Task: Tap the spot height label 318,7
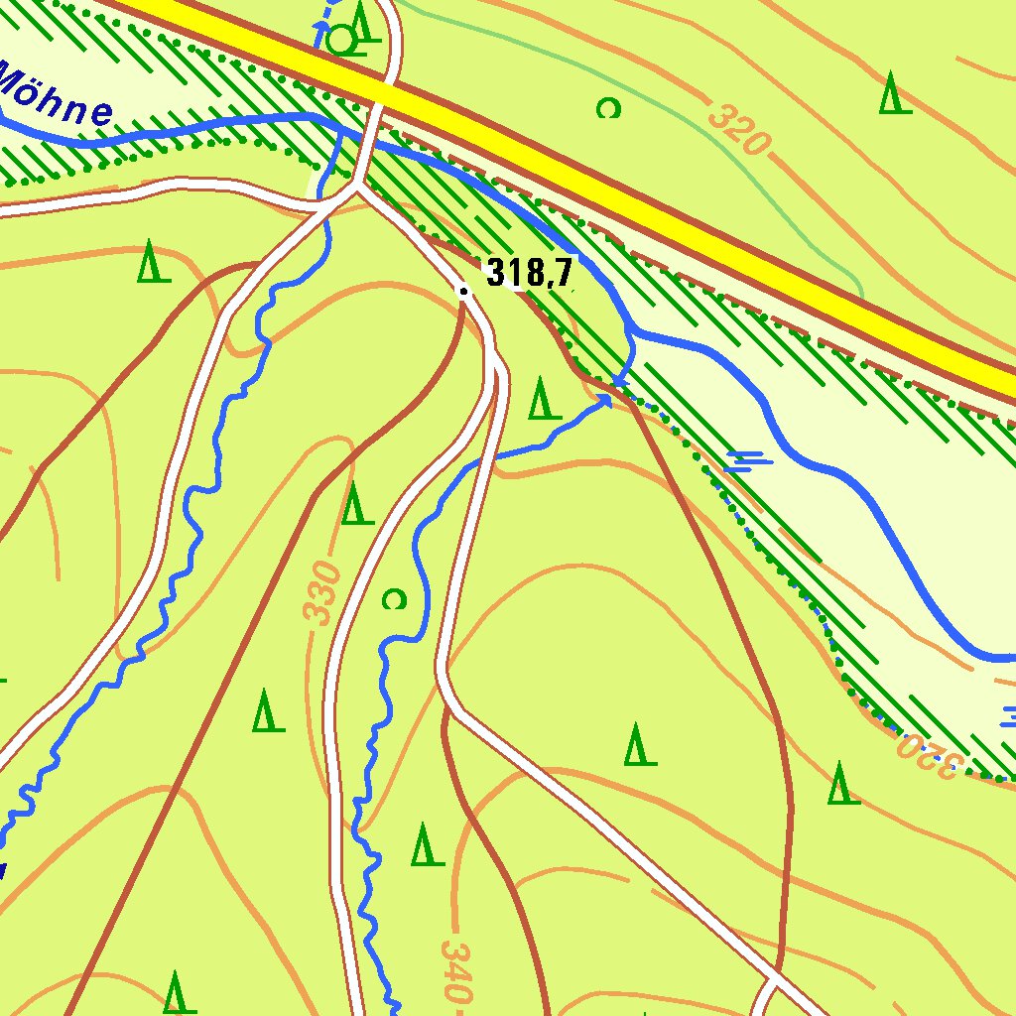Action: point(530,273)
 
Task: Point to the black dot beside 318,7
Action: point(463,291)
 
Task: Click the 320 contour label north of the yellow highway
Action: point(739,127)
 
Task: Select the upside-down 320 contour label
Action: point(930,755)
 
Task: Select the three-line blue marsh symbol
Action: point(749,458)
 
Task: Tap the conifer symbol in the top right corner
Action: point(894,93)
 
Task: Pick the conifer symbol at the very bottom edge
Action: point(177,992)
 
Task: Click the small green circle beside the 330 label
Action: point(394,598)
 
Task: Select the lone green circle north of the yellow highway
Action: point(608,108)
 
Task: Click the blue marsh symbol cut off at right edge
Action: point(1009,715)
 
